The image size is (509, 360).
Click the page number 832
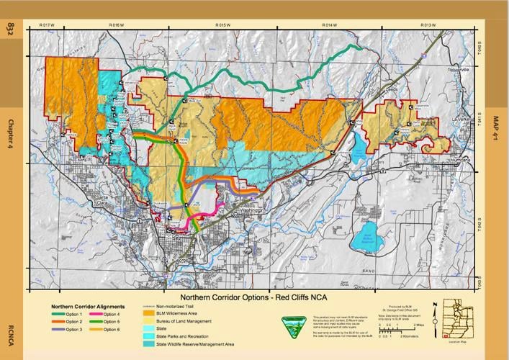coord(11,30)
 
